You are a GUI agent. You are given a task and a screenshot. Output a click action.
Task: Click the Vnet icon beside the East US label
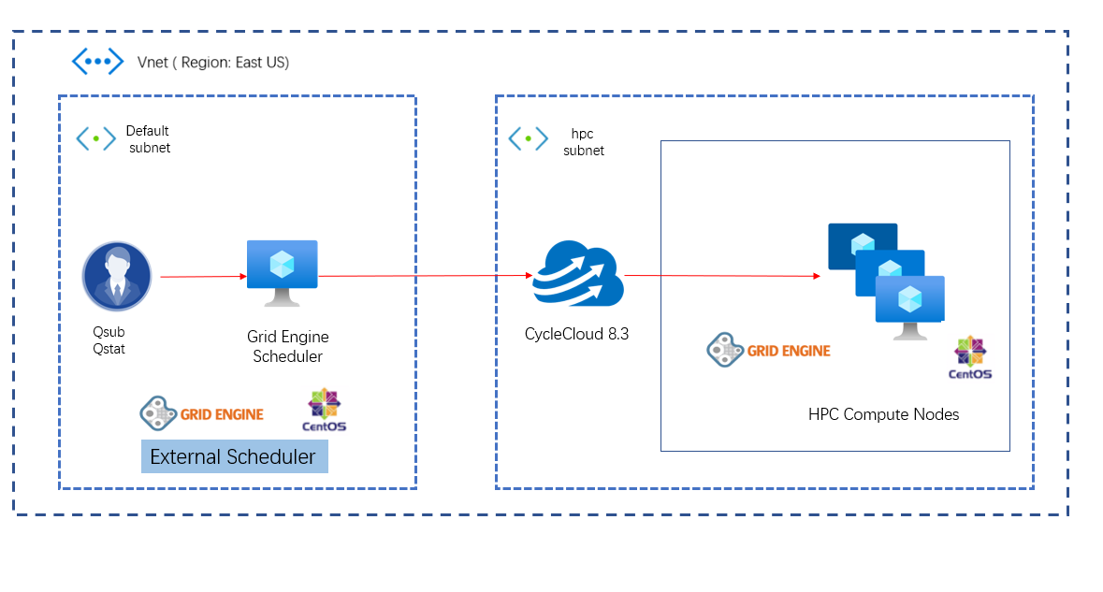click(98, 62)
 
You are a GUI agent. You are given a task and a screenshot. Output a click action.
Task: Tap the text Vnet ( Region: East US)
click(213, 63)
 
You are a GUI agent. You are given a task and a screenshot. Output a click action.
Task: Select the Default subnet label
click(149, 139)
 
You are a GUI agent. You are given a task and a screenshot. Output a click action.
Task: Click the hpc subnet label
click(583, 141)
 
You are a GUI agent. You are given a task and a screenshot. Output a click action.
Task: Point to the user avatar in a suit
click(117, 276)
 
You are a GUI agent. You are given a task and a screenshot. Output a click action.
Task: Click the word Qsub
click(109, 332)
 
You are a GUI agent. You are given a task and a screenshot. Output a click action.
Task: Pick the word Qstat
click(109, 349)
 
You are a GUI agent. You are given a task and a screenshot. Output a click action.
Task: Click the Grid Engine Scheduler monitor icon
click(282, 272)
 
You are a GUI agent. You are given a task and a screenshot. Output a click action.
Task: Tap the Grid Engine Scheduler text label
click(288, 346)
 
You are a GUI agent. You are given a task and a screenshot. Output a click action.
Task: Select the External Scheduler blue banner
click(234, 456)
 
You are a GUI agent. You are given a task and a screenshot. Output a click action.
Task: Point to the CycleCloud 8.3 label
click(576, 332)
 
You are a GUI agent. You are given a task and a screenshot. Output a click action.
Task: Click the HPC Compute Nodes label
click(883, 414)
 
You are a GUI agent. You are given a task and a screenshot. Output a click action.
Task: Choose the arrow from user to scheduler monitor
click(203, 277)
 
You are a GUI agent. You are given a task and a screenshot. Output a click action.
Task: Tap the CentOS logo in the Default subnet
click(324, 410)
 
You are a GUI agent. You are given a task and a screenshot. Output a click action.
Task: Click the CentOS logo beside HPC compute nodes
click(970, 357)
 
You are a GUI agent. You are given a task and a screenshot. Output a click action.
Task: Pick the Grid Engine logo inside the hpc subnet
click(768, 351)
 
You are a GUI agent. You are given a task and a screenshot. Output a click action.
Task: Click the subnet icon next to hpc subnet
click(528, 139)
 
